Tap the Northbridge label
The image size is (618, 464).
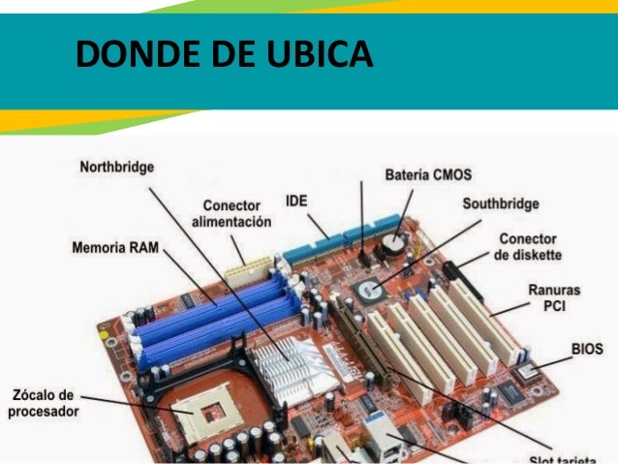point(116,168)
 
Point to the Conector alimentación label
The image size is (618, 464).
point(232,214)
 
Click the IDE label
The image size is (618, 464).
point(296,201)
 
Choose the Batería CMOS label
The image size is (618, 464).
point(428,175)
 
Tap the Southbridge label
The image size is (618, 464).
point(500,204)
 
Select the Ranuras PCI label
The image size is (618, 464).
point(554,298)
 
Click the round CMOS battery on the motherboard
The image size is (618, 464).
point(392,243)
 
